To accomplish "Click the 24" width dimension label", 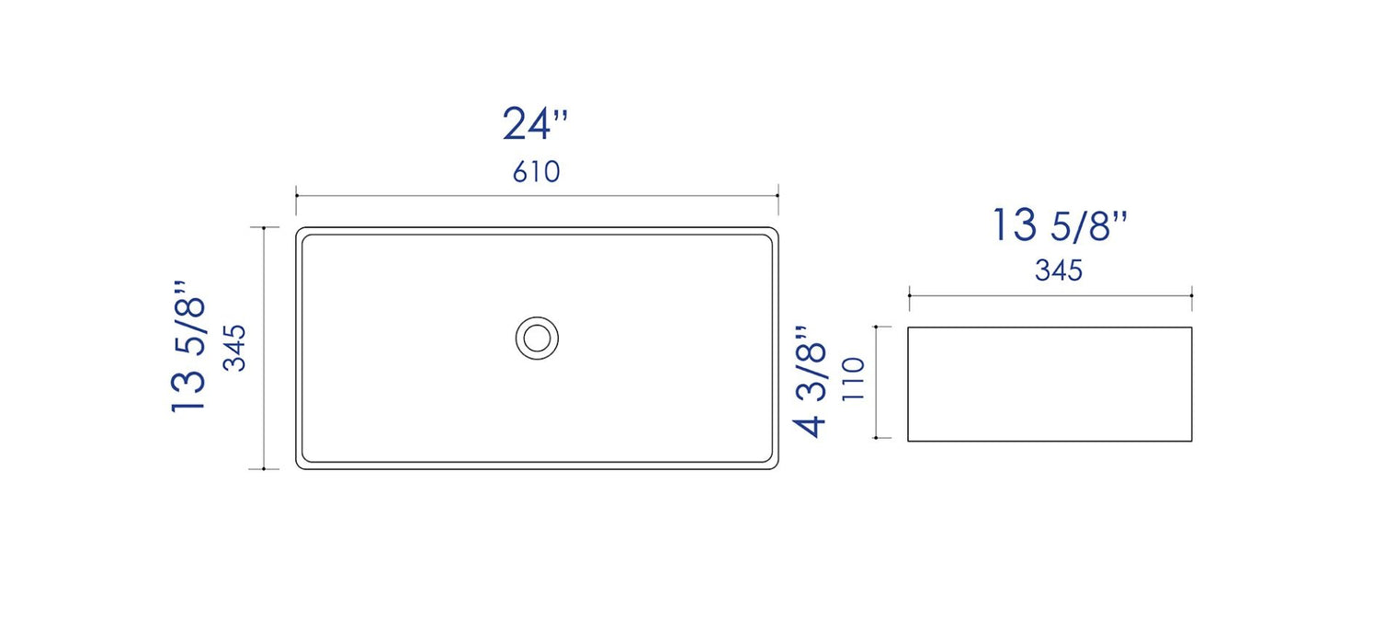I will click(535, 124).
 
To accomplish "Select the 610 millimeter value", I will click(536, 172).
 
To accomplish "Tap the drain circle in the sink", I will click(537, 338).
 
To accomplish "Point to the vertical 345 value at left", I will click(236, 347).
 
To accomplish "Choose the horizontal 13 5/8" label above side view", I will click(1059, 225).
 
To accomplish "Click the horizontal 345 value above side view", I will click(1059, 270).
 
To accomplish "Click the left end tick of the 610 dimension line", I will click(296, 195).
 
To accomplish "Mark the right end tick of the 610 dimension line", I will click(778, 195).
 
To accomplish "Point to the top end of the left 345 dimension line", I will click(265, 227).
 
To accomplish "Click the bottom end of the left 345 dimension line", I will click(265, 469).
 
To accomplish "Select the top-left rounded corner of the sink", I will click(300, 231).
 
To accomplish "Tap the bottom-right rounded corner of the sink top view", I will click(775, 466).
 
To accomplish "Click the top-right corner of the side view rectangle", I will click(1192, 327).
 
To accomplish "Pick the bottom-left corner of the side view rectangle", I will click(908, 441).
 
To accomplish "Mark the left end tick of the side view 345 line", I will click(909, 296).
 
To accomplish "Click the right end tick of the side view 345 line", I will click(1192, 296).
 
